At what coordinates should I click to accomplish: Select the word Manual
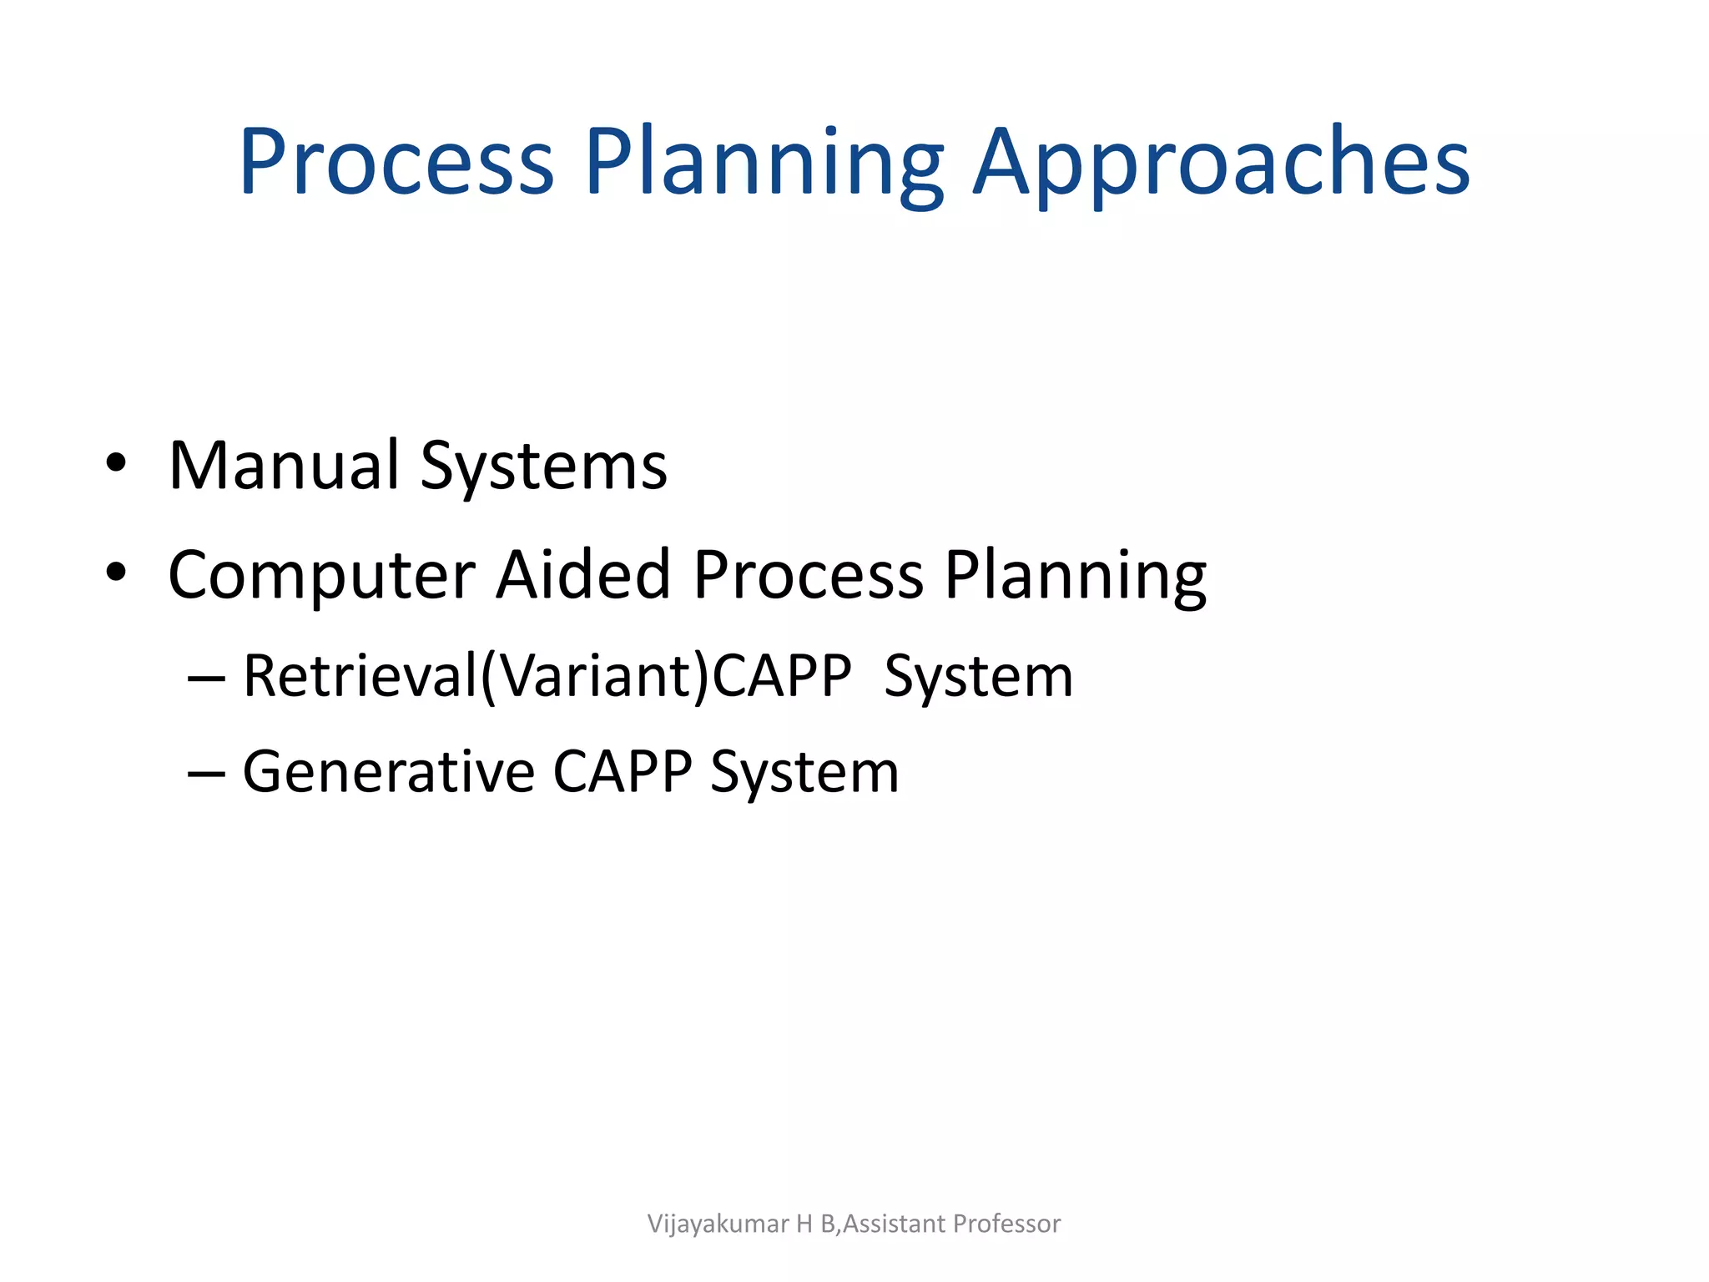point(284,465)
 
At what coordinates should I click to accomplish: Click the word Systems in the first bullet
point(543,465)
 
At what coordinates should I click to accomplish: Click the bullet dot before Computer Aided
point(116,573)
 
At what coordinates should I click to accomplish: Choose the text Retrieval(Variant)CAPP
point(547,676)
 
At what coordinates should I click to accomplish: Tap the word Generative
point(388,771)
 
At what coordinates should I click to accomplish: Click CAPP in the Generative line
point(622,771)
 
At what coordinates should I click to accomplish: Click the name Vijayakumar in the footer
point(718,1224)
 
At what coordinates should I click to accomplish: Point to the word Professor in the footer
point(1006,1224)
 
